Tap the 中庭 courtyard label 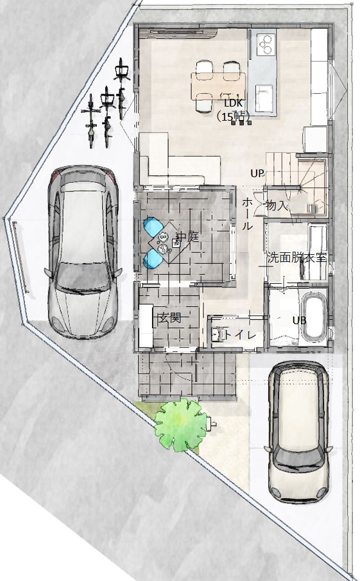point(188,237)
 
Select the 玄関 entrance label point(170,318)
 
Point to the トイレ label point(241,335)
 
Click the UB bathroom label point(299,320)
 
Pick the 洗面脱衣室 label point(296,257)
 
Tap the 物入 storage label point(277,205)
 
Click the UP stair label point(257,173)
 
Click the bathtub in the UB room point(314,317)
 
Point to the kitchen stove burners point(266,44)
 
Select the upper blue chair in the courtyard point(154,227)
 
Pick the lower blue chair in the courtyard point(153,259)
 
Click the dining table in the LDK point(218,86)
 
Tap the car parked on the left point(83,252)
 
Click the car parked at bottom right point(299,431)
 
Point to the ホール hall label point(247,214)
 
